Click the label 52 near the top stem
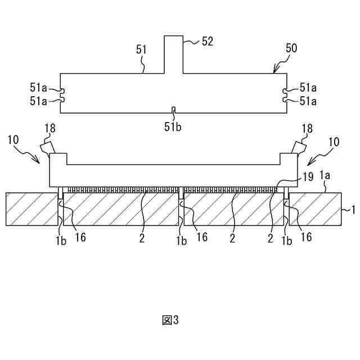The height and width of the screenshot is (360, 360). tap(208, 42)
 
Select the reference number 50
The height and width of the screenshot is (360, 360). tap(291, 49)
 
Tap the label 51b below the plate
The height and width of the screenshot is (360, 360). tap(173, 127)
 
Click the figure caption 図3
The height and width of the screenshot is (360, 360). tap(170, 320)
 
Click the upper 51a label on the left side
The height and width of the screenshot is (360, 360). tap(38, 87)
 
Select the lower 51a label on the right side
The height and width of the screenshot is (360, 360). tap(308, 101)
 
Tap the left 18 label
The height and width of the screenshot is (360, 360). tap(50, 128)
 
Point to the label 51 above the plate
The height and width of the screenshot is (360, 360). tap(141, 49)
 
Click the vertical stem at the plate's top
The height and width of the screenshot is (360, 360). tap(174, 54)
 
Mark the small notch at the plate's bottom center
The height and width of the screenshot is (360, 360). tap(174, 110)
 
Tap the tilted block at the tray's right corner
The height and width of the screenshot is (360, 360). tap(298, 147)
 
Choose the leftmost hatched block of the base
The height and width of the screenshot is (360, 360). tap(31, 209)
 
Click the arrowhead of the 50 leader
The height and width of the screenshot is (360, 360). tap(274, 72)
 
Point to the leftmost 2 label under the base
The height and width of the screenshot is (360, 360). tap(142, 238)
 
